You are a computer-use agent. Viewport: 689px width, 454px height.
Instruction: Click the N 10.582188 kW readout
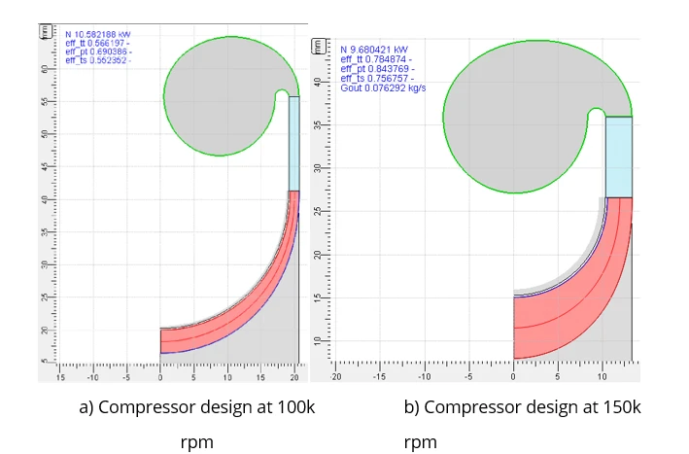(x=90, y=34)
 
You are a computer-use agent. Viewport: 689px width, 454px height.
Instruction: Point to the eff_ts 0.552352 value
(x=90, y=60)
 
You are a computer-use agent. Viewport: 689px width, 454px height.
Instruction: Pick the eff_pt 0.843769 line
(x=377, y=69)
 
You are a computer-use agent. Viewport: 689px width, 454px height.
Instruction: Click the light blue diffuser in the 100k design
(x=294, y=144)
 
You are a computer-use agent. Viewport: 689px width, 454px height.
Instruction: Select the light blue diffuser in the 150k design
(x=619, y=157)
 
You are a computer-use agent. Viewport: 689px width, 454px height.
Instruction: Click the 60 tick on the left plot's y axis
(x=45, y=70)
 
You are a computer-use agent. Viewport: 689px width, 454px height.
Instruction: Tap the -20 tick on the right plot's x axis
(x=336, y=375)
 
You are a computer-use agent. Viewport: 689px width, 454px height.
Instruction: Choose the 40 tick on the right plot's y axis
(x=315, y=125)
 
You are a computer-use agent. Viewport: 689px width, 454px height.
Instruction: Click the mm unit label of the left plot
(x=44, y=31)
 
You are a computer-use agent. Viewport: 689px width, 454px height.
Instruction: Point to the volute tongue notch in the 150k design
(x=595, y=117)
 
